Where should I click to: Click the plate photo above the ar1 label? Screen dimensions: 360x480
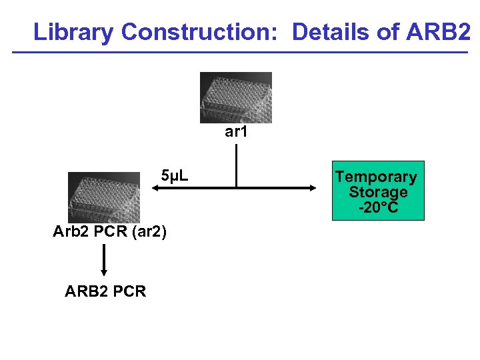click(x=236, y=97)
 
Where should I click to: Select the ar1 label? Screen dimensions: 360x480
click(x=236, y=132)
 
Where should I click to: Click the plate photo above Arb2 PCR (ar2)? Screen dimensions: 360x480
click(x=104, y=197)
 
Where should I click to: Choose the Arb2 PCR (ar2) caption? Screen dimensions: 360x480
click(x=110, y=232)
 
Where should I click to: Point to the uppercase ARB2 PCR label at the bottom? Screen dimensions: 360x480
click(x=105, y=291)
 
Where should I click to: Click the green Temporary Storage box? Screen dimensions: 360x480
click(x=378, y=191)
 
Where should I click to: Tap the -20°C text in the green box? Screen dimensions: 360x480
click(x=378, y=207)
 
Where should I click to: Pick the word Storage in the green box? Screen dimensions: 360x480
click(x=378, y=193)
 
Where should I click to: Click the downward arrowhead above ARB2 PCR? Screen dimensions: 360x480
click(x=103, y=271)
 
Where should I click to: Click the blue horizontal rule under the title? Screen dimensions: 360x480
click(x=240, y=53)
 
